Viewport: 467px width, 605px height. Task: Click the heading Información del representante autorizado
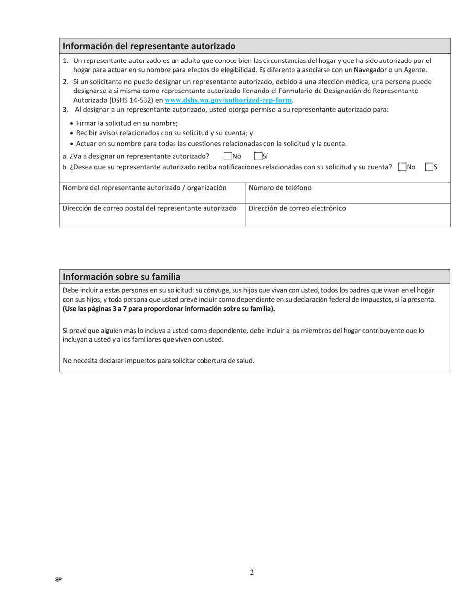click(x=149, y=46)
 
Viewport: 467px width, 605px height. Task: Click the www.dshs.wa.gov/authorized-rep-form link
click(x=229, y=100)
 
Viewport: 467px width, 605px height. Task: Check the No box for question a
click(x=228, y=156)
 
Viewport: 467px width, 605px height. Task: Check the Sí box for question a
click(x=258, y=156)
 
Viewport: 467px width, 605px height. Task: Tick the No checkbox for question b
click(x=402, y=167)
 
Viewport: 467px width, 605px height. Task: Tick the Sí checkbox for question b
click(x=429, y=167)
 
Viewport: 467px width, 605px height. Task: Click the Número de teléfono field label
click(x=280, y=188)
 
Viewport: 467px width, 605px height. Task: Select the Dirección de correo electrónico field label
click(x=297, y=208)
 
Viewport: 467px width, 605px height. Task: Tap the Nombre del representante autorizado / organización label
click(x=145, y=188)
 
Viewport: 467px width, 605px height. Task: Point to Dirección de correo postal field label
click(x=149, y=208)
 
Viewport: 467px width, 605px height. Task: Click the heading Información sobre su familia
click(x=121, y=277)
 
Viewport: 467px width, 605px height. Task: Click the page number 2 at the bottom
click(x=252, y=572)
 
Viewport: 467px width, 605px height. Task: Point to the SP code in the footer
click(x=58, y=580)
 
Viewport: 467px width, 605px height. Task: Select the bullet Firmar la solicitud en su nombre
click(x=127, y=123)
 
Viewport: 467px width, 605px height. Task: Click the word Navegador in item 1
click(x=370, y=70)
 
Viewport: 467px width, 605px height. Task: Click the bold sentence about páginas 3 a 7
click(x=169, y=309)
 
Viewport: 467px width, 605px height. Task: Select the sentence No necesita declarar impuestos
click(x=159, y=361)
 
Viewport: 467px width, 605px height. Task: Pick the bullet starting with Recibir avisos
click(x=164, y=133)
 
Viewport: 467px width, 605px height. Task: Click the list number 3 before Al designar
click(x=65, y=109)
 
